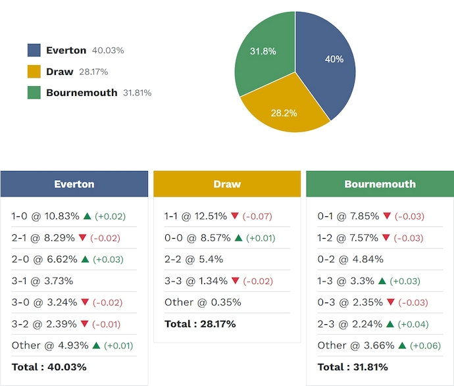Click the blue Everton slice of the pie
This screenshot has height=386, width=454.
pyautogui.click(x=326, y=66)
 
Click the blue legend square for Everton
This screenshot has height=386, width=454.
pyautogui.click(x=34, y=51)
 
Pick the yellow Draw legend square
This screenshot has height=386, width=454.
pyautogui.click(x=34, y=72)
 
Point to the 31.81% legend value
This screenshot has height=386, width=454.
pyautogui.click(x=137, y=93)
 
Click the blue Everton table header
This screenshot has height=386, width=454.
pyautogui.click(x=74, y=184)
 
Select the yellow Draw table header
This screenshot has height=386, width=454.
pyautogui.click(x=227, y=184)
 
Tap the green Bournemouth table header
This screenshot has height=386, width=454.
pyautogui.click(x=380, y=184)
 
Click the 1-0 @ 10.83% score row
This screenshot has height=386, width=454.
pyautogui.click(x=45, y=216)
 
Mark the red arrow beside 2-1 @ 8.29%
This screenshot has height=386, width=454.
pyautogui.click(x=82, y=238)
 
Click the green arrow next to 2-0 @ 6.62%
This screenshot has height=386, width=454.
pyautogui.click(x=85, y=260)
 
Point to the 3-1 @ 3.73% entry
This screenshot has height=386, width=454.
pyautogui.click(x=42, y=281)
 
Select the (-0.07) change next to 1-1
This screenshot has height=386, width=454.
pyautogui.click(x=257, y=216)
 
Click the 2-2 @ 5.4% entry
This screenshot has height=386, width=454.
pyautogui.click(x=193, y=259)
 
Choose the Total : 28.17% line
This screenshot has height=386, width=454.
pyautogui.click(x=200, y=324)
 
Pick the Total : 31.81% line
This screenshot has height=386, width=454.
pyautogui.click(x=353, y=367)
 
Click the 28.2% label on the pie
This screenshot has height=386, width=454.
pyautogui.click(x=284, y=113)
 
